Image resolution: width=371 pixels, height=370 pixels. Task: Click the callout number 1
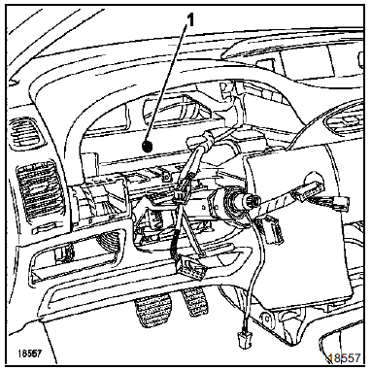[191, 21]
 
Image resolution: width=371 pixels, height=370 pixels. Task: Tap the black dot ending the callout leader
[148, 147]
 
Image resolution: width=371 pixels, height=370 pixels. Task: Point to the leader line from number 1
[168, 84]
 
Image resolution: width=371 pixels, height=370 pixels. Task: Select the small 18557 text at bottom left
[30, 353]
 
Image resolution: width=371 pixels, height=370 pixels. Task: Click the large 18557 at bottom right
[344, 358]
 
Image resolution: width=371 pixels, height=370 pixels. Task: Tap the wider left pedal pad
[153, 310]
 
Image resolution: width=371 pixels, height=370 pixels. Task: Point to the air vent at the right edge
[345, 120]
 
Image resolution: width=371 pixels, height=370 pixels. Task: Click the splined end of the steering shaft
[251, 201]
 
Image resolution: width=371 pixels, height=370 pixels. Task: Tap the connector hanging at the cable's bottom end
[245, 339]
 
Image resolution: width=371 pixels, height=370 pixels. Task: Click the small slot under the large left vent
[45, 229]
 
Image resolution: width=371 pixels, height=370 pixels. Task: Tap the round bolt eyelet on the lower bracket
[267, 319]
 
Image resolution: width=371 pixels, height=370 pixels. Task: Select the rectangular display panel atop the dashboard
[309, 64]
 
